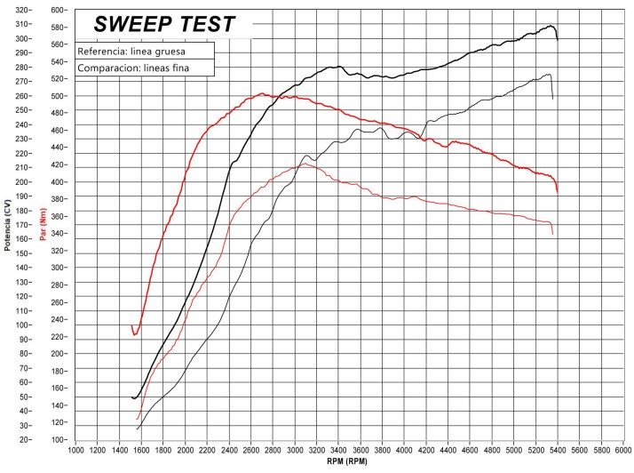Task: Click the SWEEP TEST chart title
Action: [x=164, y=23]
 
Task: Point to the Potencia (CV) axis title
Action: [x=7, y=222]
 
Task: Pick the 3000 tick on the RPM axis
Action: [x=295, y=450]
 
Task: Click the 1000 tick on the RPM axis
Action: [x=75, y=450]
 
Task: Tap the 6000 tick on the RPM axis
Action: [x=623, y=450]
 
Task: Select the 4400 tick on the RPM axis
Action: [x=448, y=450]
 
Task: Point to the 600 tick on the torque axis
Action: [x=59, y=10]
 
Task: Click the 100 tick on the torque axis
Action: [x=59, y=440]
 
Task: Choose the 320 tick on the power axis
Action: [x=24, y=10]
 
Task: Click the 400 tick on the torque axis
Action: [x=59, y=182]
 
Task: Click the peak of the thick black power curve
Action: [x=551, y=26]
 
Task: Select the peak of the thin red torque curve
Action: [x=304, y=164]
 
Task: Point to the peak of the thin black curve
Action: [x=550, y=74]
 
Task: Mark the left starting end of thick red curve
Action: [x=131, y=326]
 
